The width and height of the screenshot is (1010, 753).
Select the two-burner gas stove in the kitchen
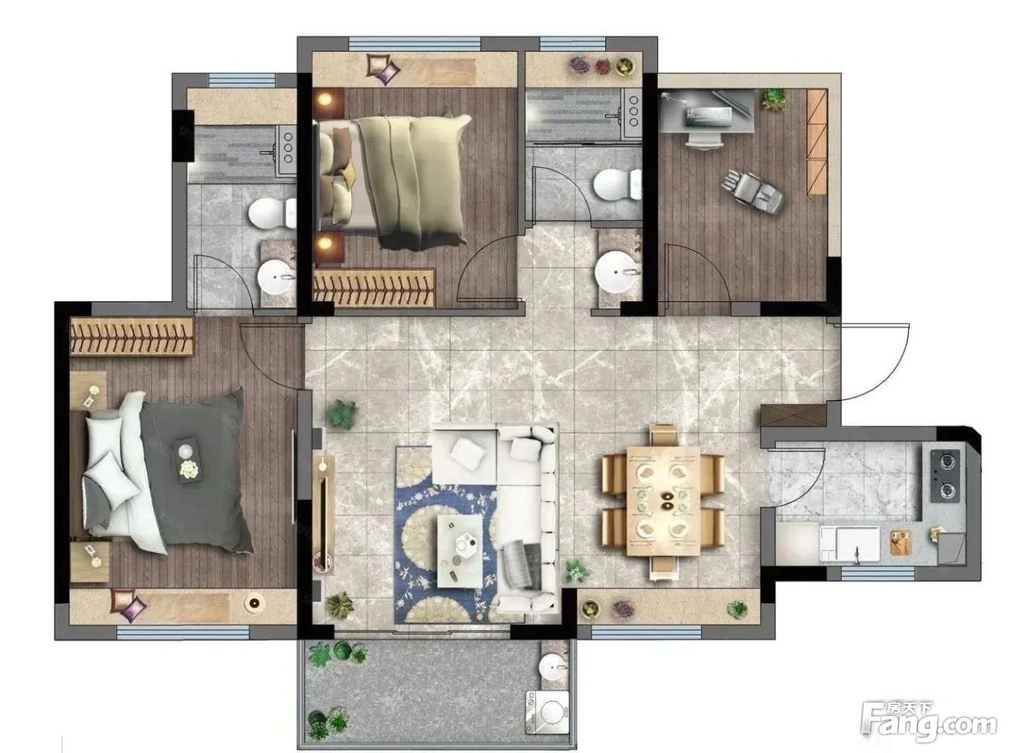[x=945, y=476]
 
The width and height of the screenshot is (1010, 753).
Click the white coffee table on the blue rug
[x=460, y=551]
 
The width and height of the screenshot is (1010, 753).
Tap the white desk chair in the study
[x=703, y=140]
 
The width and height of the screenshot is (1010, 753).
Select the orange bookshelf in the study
[x=817, y=141]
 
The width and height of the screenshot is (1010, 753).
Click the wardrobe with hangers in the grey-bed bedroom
[x=132, y=336]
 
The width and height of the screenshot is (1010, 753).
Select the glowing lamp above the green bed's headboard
[x=327, y=99]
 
